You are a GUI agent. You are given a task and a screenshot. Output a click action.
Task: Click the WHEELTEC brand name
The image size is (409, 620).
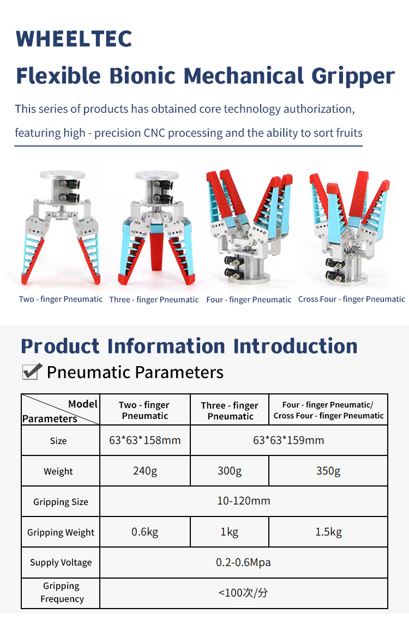click(x=74, y=38)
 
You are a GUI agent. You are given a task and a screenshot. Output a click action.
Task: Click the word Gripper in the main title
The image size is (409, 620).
click(x=353, y=76)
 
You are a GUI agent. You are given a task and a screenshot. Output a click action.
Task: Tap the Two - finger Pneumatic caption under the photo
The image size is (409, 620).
click(x=61, y=299)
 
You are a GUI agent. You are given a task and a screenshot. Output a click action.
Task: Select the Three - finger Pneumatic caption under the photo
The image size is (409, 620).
click(x=154, y=300)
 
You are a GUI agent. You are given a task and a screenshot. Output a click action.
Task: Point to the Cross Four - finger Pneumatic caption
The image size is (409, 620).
click(x=352, y=299)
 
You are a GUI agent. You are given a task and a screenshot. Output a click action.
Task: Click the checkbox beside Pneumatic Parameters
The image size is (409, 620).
click(x=32, y=372)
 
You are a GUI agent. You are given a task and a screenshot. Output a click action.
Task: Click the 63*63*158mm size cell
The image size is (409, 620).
click(x=145, y=440)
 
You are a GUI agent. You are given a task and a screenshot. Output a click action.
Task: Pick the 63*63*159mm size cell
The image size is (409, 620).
click(x=288, y=440)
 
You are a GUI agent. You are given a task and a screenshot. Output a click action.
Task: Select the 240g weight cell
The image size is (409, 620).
click(x=145, y=471)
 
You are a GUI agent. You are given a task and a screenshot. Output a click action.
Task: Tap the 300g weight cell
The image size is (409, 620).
click(x=230, y=471)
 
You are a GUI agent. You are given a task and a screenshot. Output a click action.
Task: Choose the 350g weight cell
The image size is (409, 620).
click(x=328, y=471)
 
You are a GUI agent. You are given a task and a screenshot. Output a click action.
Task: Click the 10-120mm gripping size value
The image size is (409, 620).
click(x=244, y=501)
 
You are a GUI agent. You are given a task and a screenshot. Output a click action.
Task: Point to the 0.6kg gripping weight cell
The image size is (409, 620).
click(x=145, y=532)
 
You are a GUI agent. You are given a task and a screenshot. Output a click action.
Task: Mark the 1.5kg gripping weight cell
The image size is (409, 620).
click(x=329, y=532)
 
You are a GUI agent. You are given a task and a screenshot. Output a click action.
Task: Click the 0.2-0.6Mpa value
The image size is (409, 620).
click(x=243, y=562)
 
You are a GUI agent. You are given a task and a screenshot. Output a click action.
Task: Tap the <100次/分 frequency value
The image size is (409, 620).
click(x=243, y=593)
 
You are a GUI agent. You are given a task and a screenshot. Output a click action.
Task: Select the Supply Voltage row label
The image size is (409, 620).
click(x=61, y=562)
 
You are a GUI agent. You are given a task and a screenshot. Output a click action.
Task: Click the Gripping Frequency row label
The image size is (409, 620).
click(x=62, y=592)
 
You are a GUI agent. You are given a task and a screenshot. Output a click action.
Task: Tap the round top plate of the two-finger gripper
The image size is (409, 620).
click(x=62, y=175)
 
